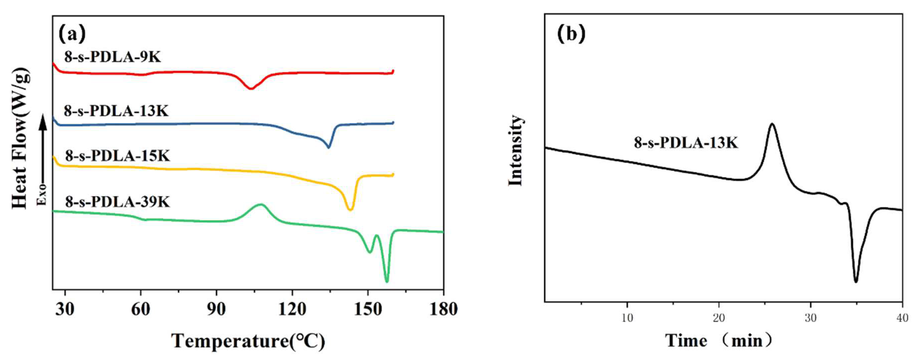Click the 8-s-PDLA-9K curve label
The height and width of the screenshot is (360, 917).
tap(112, 57)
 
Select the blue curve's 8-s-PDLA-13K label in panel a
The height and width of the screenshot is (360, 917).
tap(116, 111)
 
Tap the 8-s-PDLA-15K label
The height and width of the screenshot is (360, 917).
tap(118, 156)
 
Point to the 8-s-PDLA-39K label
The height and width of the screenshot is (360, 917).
tap(118, 202)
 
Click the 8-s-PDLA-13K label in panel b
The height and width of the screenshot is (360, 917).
tap(686, 143)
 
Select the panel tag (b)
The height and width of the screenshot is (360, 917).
tap(571, 34)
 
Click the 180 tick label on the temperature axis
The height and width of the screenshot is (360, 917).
tap(443, 309)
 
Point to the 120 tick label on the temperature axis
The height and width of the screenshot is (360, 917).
tap(292, 309)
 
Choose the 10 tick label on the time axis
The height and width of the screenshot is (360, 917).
tap(627, 318)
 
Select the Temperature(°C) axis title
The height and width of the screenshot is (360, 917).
tap(248, 341)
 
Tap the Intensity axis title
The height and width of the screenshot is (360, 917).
tap(515, 150)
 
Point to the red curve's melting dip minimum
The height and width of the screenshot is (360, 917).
tap(251, 88)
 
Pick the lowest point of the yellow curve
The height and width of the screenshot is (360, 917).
tap(350, 210)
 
